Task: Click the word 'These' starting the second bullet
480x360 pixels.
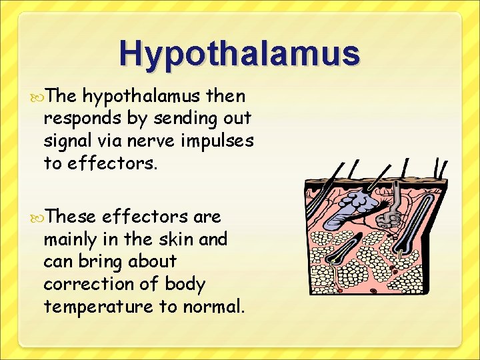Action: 69,216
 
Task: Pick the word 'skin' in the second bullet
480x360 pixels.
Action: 178,239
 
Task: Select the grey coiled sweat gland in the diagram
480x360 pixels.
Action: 391,217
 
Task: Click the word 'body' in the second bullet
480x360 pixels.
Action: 185,284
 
